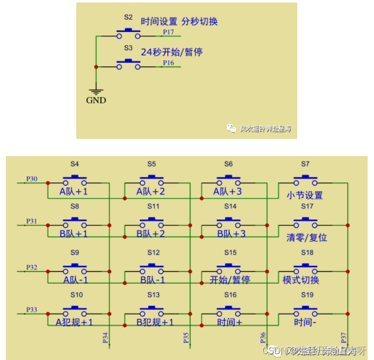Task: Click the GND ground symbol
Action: (x=96, y=92)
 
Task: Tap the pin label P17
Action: (x=168, y=32)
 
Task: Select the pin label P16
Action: (x=168, y=63)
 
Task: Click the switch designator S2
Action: (x=128, y=17)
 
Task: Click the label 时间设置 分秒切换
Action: (x=179, y=22)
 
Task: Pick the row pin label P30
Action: (x=31, y=179)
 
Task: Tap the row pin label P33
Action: (x=31, y=309)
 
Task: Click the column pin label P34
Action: (x=105, y=337)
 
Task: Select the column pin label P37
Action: (x=343, y=337)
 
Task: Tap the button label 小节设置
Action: (x=305, y=195)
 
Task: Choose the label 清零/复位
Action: (x=307, y=237)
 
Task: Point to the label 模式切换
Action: (x=301, y=280)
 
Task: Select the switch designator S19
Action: (x=307, y=295)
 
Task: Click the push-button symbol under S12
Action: (x=152, y=270)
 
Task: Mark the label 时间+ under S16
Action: (x=229, y=322)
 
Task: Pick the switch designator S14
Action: (x=230, y=206)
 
